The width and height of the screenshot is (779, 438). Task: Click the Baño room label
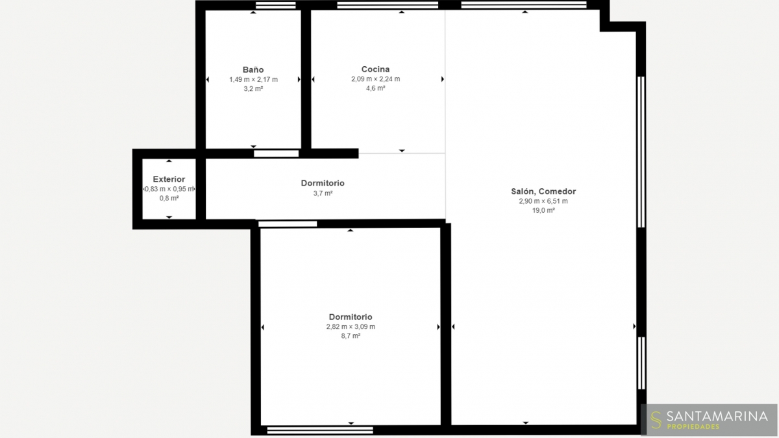click(x=253, y=69)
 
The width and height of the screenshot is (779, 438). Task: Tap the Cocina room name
click(x=375, y=69)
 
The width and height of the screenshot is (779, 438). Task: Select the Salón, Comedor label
click(x=543, y=191)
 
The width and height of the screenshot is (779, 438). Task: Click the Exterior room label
click(x=169, y=179)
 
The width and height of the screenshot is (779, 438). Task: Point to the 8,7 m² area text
click(x=351, y=336)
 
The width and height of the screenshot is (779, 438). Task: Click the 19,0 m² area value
click(x=543, y=210)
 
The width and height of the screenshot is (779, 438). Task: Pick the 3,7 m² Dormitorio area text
click(x=323, y=193)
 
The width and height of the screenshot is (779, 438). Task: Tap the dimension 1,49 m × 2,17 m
click(x=253, y=79)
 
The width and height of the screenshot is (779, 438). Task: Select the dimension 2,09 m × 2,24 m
click(x=375, y=79)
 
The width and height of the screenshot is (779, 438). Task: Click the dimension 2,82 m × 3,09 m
click(x=351, y=326)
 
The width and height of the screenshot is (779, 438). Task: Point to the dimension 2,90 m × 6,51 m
click(x=543, y=201)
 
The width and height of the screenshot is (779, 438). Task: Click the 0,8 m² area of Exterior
click(x=169, y=198)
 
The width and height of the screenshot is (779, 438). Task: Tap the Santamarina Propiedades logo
click(x=709, y=420)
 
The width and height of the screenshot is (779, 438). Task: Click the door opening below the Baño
click(x=276, y=153)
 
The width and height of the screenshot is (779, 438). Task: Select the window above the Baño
click(x=275, y=5)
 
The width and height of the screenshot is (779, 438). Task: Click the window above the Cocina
click(x=388, y=5)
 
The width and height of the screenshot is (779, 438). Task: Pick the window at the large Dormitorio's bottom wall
click(x=320, y=430)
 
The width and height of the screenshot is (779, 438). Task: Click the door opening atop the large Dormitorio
click(x=288, y=224)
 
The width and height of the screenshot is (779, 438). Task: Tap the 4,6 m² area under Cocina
click(x=375, y=88)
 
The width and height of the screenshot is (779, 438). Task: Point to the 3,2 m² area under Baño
click(x=253, y=89)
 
